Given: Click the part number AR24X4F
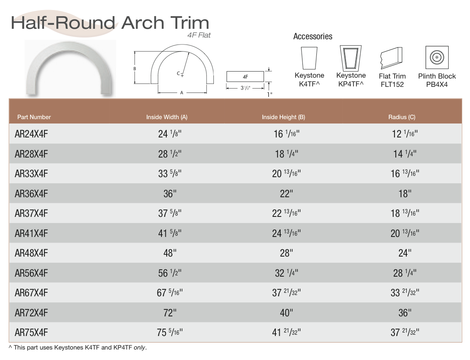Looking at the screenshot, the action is [31, 134].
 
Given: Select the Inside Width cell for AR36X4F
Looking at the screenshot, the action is [170, 194].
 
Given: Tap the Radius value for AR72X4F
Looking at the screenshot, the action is [405, 313].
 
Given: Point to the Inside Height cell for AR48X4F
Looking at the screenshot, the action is [287, 253].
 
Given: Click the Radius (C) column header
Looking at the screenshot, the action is [402, 117].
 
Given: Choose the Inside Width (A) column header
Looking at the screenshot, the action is [167, 117].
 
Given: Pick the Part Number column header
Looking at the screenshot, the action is [34, 117].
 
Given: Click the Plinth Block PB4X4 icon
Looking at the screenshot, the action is [437, 58].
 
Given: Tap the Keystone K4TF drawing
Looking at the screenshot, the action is [309, 58].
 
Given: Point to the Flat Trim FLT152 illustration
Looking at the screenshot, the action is [391, 58].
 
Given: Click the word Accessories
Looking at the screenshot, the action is [312, 37].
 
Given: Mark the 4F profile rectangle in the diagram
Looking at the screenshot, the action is [245, 76].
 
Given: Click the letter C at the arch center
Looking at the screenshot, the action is [178, 73].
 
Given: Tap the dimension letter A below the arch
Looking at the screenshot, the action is [182, 93].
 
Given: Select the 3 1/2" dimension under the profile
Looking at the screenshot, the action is [246, 88].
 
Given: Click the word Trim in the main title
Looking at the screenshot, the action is [190, 23].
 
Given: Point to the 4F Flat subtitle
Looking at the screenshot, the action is [199, 35].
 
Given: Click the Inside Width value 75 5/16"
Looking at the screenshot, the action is [170, 333].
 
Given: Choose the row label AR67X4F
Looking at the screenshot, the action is [31, 293].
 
